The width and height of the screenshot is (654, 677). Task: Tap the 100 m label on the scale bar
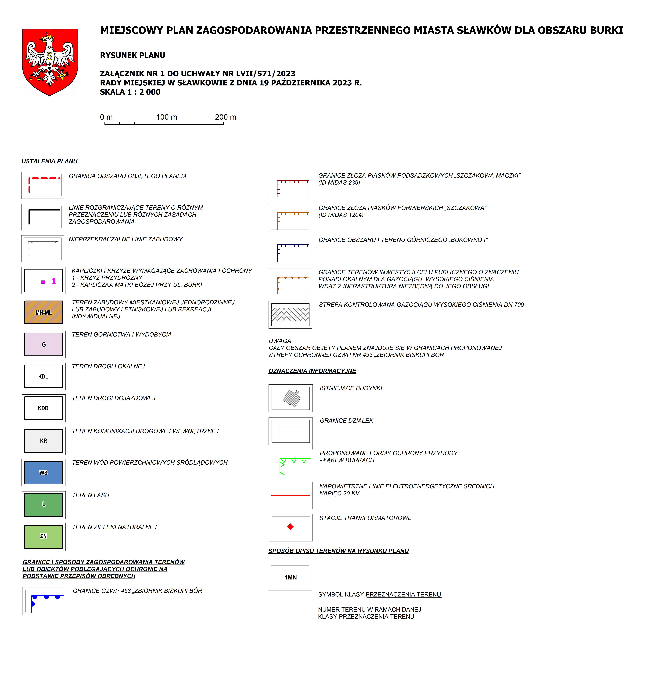[167, 117]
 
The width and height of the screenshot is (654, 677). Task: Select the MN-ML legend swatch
[44, 312]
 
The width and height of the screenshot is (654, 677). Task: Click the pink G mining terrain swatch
[44, 344]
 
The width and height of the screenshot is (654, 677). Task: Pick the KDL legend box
[44, 376]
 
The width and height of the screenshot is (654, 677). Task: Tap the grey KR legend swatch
[44, 441]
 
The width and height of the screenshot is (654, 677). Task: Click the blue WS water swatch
[44, 473]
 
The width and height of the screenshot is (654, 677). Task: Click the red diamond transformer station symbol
[290, 527]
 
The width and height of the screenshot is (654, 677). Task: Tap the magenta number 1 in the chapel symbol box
[54, 281]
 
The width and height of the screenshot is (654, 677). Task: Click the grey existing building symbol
[291, 398]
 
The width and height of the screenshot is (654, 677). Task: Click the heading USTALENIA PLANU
[49, 161]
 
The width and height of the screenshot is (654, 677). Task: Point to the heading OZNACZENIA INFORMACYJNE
[312, 371]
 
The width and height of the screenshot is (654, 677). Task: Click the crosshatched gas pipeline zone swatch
[290, 314]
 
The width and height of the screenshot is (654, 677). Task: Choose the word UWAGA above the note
[280, 341]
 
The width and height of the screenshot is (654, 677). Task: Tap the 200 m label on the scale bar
[225, 117]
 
